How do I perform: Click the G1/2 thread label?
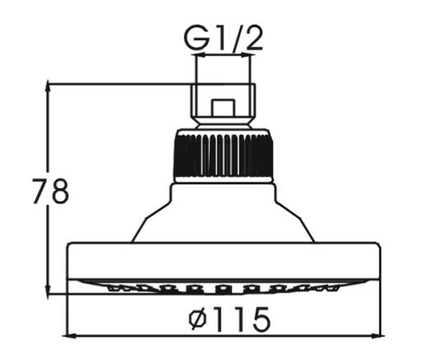[223, 38]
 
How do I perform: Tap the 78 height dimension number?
[50, 192]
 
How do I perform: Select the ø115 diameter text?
[230, 319]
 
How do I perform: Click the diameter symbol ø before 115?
[197, 320]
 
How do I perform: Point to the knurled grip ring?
[223, 155]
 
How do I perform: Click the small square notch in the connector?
[223, 108]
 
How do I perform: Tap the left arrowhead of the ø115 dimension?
[71, 335]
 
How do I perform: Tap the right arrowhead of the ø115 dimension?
[379, 335]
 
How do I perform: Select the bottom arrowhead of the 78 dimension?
[48, 289]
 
